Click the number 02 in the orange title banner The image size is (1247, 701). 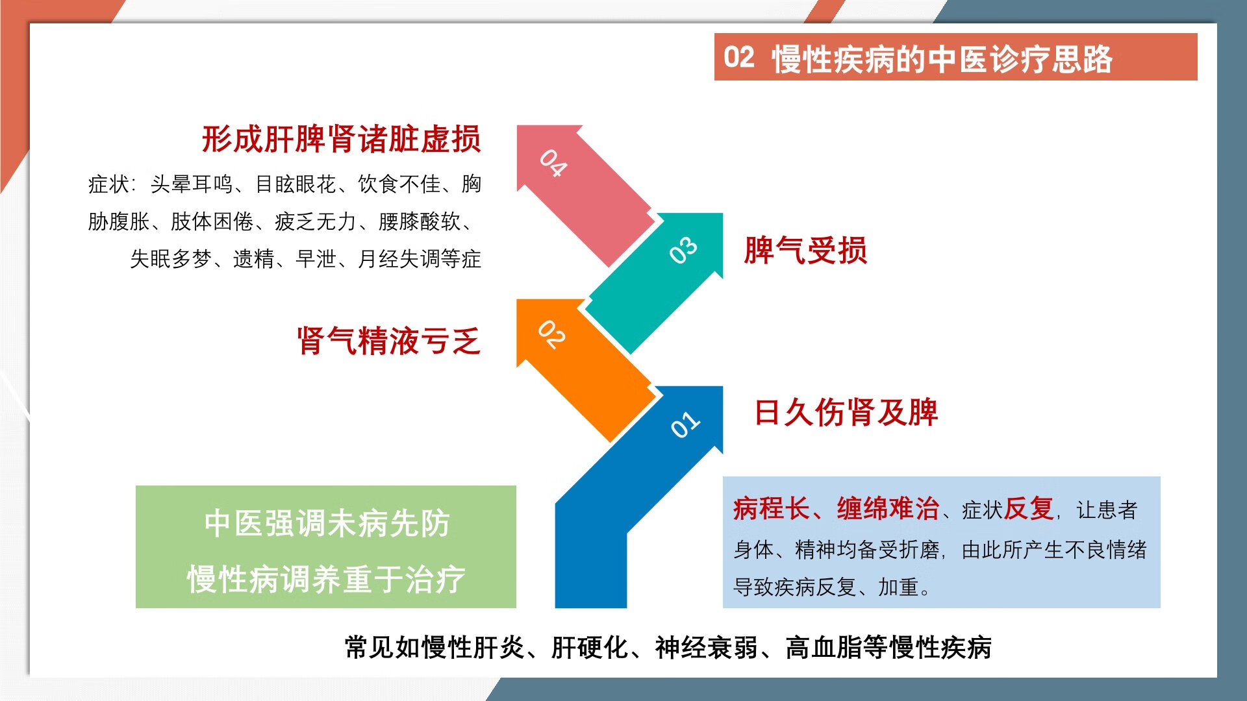[x=739, y=57]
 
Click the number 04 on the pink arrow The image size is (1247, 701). [x=553, y=163]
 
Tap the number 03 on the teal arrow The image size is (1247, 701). [x=683, y=249]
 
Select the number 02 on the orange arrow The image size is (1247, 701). [x=552, y=335]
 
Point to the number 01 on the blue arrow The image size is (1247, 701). [x=685, y=424]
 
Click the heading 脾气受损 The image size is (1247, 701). [x=805, y=251]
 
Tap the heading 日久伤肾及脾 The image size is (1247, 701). [x=846, y=412]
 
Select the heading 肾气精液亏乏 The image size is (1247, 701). [x=389, y=341]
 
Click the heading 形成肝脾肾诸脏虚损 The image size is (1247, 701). [x=342, y=139]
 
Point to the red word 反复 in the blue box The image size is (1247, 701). [x=1029, y=508]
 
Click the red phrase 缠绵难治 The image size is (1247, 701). [x=888, y=508]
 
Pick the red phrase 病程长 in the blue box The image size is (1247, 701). [x=771, y=508]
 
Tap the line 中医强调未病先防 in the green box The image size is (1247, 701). [x=327, y=523]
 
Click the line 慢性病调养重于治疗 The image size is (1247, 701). [x=327, y=579]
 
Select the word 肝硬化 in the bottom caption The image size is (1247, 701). [x=590, y=648]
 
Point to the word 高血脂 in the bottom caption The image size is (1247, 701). [x=824, y=648]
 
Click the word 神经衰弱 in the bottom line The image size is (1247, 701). [x=707, y=648]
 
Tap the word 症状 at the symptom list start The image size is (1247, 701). [x=108, y=184]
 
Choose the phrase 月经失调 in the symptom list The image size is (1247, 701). [x=399, y=259]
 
